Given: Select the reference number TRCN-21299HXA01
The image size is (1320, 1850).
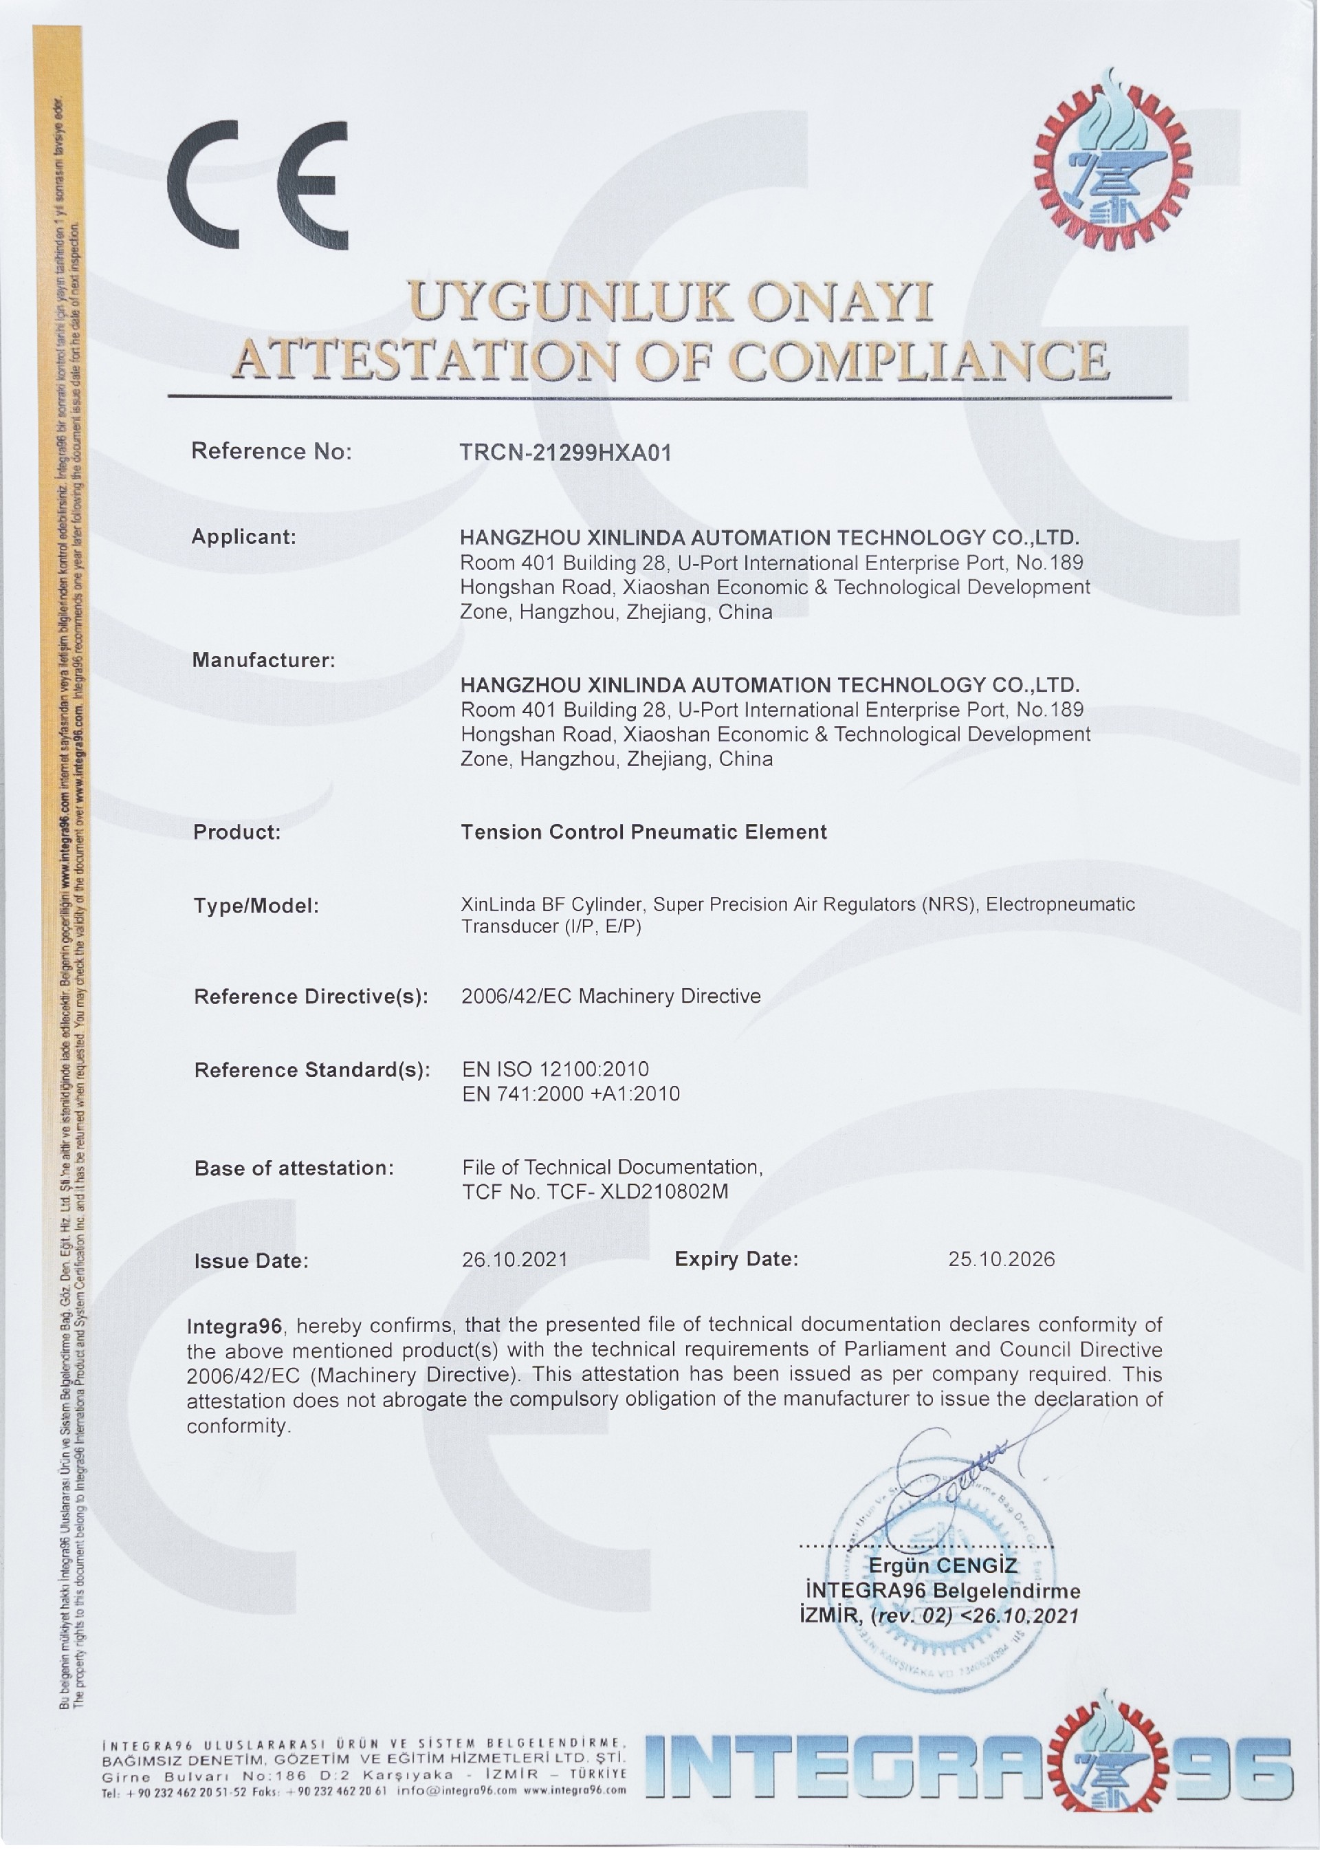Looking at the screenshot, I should click(x=566, y=453).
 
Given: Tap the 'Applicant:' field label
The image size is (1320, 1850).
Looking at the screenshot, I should click(x=244, y=536).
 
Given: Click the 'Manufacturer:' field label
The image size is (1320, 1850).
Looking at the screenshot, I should click(x=263, y=660).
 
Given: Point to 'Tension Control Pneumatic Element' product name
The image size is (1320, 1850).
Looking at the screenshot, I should click(x=643, y=832).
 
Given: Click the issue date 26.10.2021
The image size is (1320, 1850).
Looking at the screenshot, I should click(x=514, y=1260).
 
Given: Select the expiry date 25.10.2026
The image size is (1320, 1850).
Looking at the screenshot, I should click(x=1002, y=1260).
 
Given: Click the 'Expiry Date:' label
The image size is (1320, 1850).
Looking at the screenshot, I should click(x=736, y=1260).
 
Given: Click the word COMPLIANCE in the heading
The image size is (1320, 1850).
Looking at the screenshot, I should click(x=918, y=360).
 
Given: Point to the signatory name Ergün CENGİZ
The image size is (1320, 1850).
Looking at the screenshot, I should click(x=943, y=1565).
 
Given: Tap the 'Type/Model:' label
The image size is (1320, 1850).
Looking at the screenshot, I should click(x=256, y=906).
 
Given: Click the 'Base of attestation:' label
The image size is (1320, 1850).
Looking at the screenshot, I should click(x=294, y=1168).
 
